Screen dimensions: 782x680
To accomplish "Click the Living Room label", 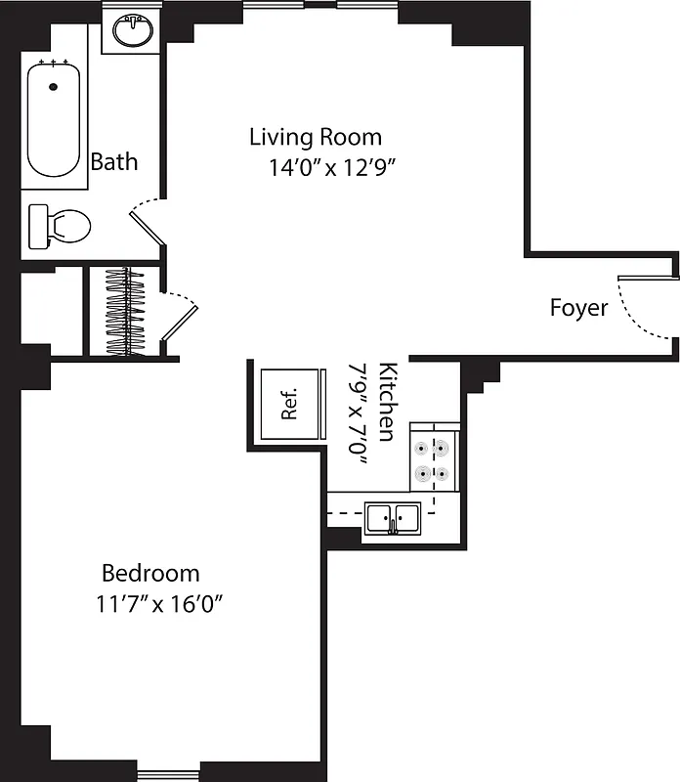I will point(315,137).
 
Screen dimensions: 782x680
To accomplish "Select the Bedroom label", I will point(150,573).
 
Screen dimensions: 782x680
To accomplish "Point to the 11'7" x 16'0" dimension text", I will point(160,603).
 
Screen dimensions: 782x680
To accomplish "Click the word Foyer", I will point(578,308).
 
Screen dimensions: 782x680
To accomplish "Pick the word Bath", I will point(114,161).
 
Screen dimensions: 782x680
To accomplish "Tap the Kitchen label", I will point(387,402).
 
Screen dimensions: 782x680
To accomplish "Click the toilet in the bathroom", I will point(60,226).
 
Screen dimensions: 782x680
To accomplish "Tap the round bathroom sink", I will point(133,31).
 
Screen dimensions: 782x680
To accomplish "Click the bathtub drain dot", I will point(53,87).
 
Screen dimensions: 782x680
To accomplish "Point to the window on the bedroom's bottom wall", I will point(168,775).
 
